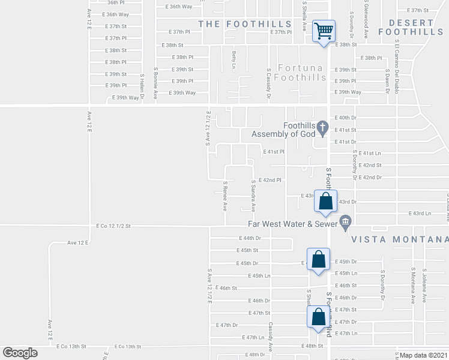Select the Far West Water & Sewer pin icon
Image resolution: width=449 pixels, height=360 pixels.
[x=345, y=224]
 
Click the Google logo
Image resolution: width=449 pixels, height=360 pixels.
[x=20, y=353]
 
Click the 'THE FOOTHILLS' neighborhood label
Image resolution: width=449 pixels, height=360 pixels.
[x=245, y=24]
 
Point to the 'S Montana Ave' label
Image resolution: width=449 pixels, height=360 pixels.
[x=414, y=285]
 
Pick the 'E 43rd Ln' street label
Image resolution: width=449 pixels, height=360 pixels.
[x=420, y=213]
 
